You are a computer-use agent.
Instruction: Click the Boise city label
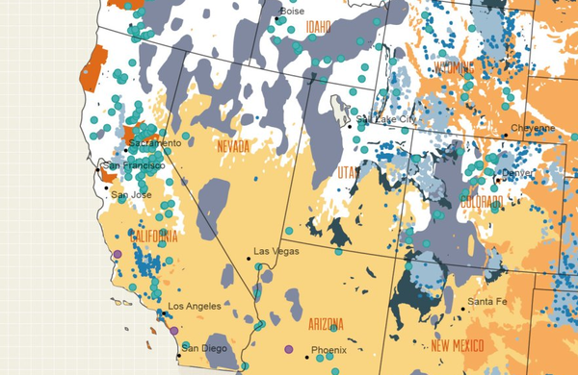292,12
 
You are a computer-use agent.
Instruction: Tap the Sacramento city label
153,143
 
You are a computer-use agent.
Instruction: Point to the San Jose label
131,195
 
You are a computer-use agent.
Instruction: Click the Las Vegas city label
274,251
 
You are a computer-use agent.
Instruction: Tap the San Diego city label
204,347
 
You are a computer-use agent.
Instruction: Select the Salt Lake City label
385,119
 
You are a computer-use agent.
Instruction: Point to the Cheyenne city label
533,128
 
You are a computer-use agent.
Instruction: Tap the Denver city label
516,173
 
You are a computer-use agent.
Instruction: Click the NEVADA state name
232,146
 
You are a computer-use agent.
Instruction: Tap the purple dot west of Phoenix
288,348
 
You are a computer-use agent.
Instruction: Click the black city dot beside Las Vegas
248,256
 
